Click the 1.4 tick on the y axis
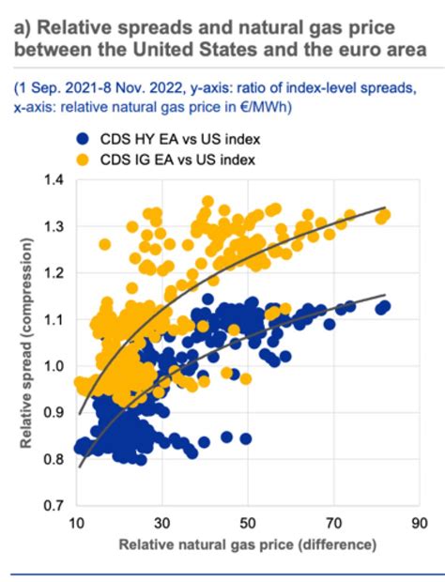pyautogui.click(x=54, y=179)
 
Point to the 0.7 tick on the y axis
pyautogui.click(x=54, y=506)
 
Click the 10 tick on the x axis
pyautogui.click(x=77, y=523)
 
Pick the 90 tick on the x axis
pyautogui.click(x=420, y=523)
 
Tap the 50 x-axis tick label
pyautogui.click(x=248, y=523)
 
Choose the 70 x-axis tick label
pyautogui.click(x=334, y=523)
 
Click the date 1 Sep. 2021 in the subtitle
pyautogui.click(x=58, y=88)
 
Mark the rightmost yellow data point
pyautogui.click(x=383, y=216)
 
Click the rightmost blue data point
pyautogui.click(x=383, y=306)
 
